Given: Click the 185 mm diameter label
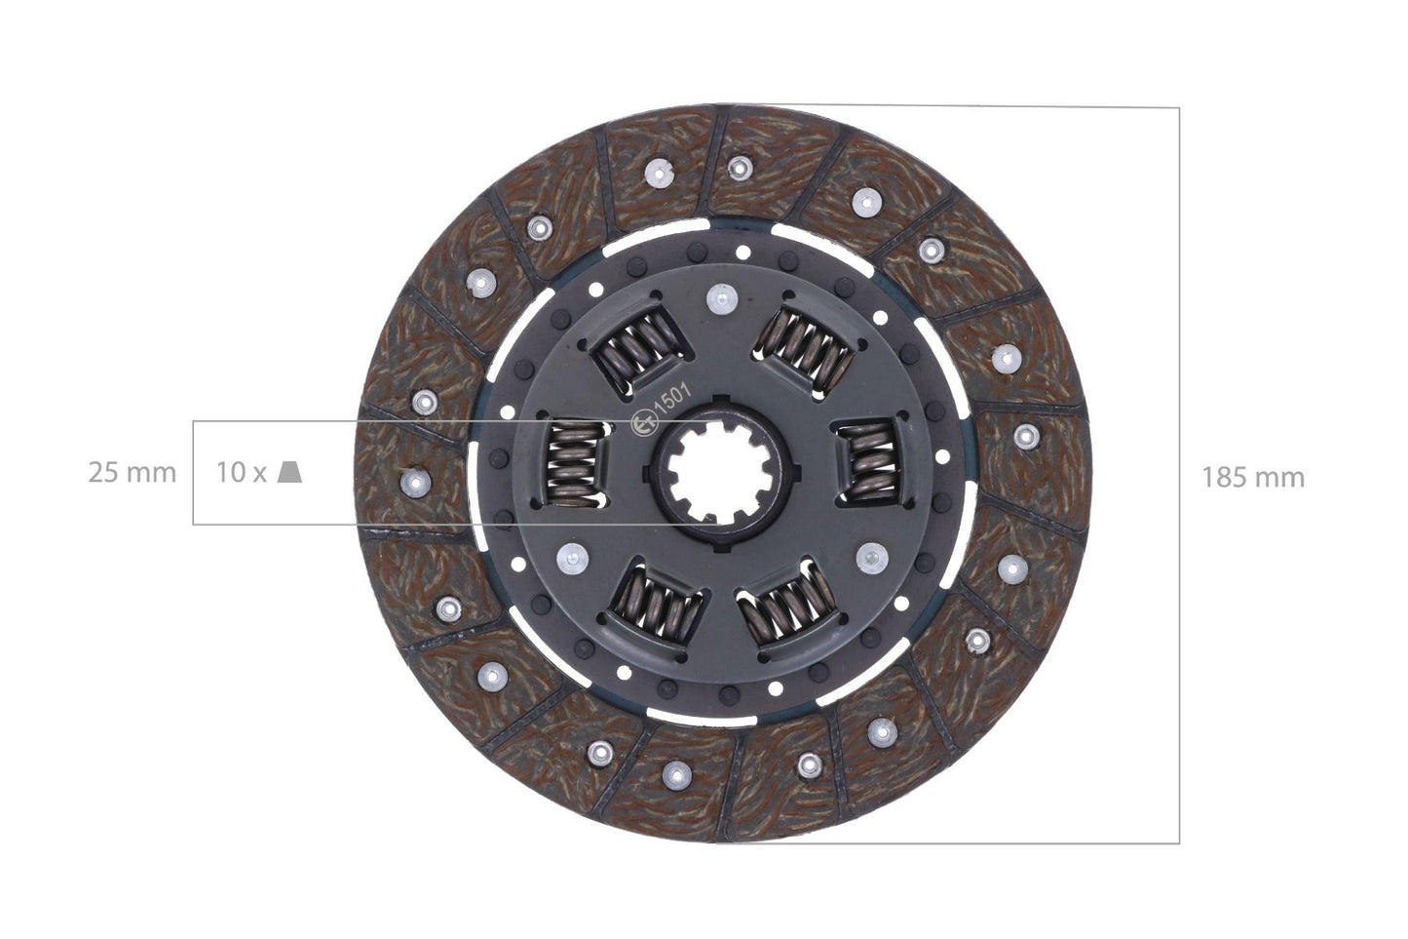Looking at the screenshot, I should [1252, 477].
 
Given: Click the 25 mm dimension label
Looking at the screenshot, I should [133, 473].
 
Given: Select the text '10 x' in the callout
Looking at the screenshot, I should [241, 473].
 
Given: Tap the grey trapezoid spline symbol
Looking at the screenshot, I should [289, 472].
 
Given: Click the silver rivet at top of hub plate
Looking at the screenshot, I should [721, 297].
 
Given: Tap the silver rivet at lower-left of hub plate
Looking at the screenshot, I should [567, 558].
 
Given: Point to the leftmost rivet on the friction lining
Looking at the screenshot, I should [415, 479].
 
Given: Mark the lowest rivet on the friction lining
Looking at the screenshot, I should [674, 774].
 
